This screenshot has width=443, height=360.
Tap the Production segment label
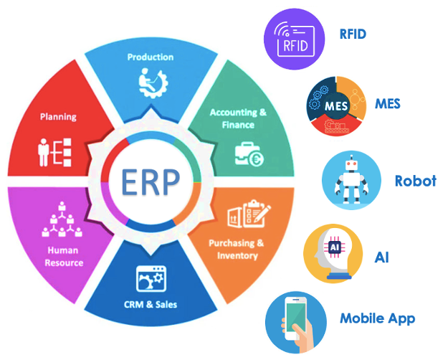coord(151,57)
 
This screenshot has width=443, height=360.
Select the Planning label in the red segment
coord(59,116)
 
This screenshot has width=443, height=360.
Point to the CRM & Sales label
coord(150,304)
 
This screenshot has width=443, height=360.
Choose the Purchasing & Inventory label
coord(237,249)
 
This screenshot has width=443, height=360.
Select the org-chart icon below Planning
coord(54,151)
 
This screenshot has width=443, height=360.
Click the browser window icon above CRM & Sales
coord(151,278)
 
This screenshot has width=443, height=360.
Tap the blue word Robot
coord(415,181)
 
